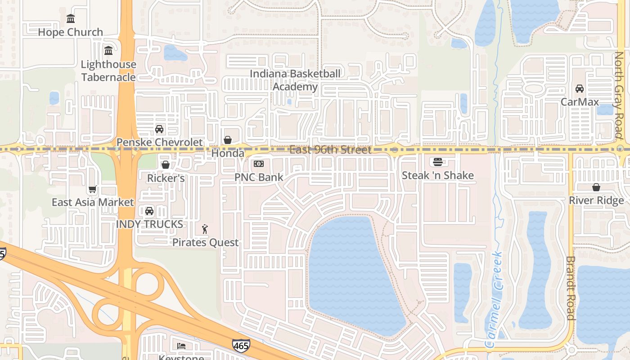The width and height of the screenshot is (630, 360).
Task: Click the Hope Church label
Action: click(x=71, y=32)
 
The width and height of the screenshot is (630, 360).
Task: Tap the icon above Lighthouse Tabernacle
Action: click(x=108, y=50)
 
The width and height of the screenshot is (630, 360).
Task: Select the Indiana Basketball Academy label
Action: click(x=295, y=80)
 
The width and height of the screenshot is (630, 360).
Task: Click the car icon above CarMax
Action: click(x=580, y=89)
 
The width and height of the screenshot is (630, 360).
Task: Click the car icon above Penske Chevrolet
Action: click(x=159, y=129)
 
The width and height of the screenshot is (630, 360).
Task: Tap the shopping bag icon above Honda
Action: click(x=228, y=140)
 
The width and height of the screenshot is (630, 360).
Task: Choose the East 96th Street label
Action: click(x=330, y=149)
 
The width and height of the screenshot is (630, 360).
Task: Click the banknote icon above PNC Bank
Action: click(x=259, y=164)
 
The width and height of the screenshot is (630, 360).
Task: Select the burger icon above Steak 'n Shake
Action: click(x=437, y=162)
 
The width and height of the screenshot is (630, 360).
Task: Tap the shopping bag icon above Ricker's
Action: click(x=166, y=165)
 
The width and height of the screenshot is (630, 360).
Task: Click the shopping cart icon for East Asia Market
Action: click(x=93, y=189)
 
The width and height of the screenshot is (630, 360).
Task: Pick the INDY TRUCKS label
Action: click(x=149, y=224)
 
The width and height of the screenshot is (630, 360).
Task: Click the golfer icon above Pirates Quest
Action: click(x=205, y=229)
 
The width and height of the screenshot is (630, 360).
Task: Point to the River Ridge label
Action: click(x=596, y=200)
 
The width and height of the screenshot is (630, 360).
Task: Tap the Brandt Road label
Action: click(x=571, y=288)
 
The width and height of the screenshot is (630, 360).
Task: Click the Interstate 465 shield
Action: click(x=241, y=346)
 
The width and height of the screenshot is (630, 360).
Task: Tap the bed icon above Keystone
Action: click(x=181, y=346)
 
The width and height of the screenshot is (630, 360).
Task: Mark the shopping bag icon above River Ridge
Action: click(x=596, y=187)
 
